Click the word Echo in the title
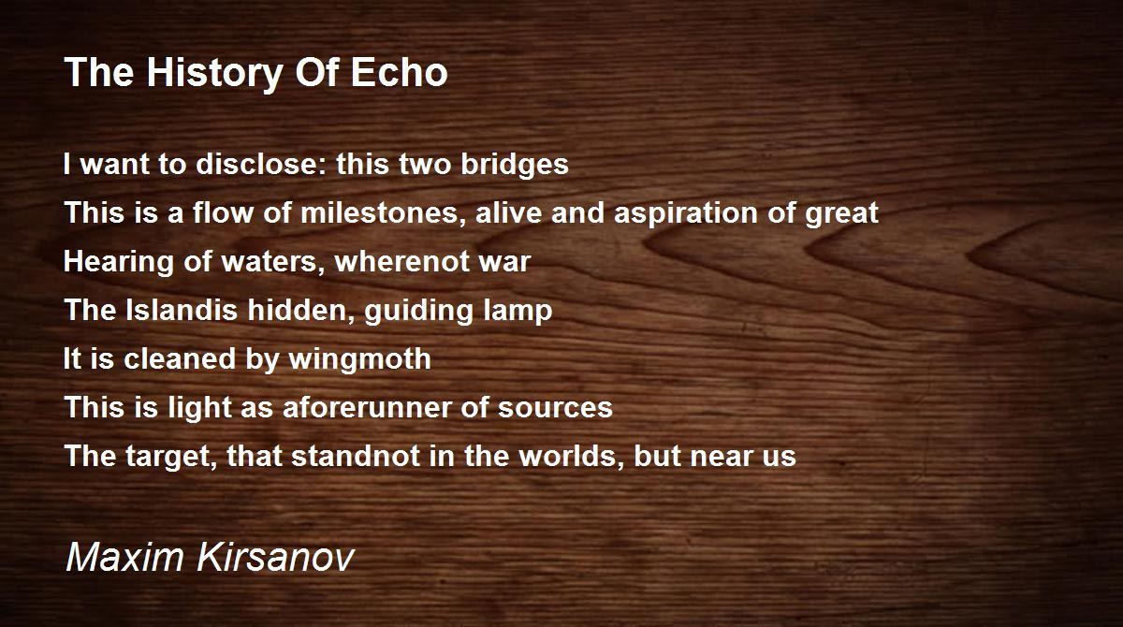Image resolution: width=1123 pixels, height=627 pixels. (x=399, y=72)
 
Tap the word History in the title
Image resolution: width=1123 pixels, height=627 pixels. (x=215, y=75)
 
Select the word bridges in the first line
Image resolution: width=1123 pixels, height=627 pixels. (x=515, y=165)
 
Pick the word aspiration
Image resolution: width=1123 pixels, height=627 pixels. (x=685, y=214)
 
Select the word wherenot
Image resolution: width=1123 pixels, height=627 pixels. (x=402, y=261)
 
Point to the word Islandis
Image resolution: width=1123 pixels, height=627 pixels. (x=182, y=310)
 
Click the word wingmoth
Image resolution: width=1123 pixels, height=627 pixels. (x=360, y=358)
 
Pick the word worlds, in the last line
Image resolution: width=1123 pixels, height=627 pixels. (x=572, y=457)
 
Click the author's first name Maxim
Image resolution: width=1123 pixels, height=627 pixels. (x=124, y=557)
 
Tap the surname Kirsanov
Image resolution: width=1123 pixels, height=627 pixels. (x=276, y=557)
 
